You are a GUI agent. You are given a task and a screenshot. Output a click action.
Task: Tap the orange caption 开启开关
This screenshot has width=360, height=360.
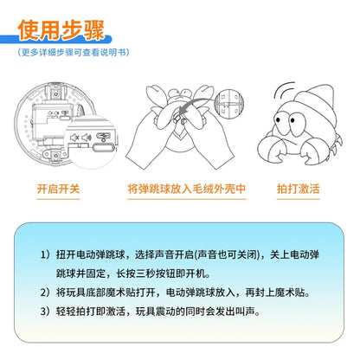tap(59, 187)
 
